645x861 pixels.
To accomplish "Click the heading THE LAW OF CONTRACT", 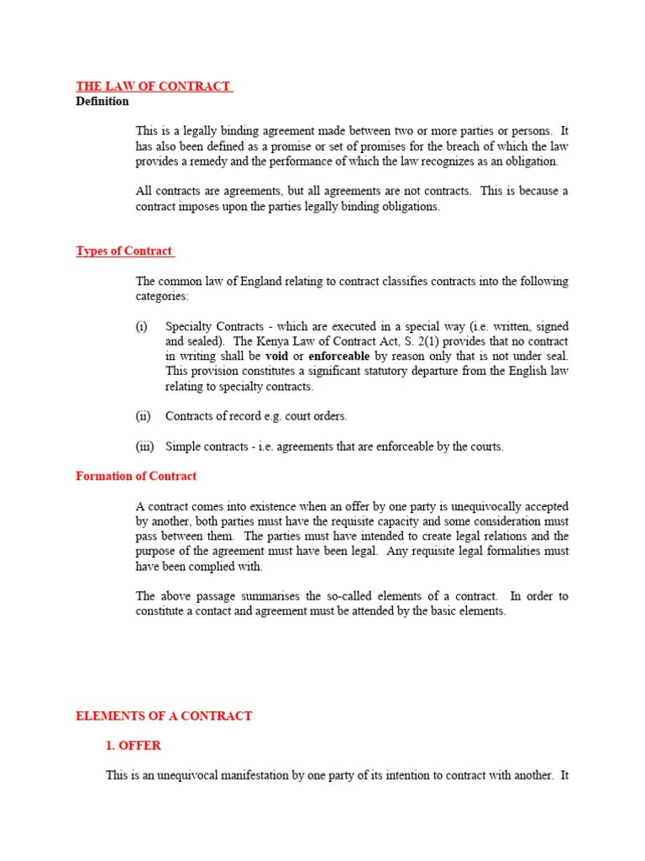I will click(x=153, y=87).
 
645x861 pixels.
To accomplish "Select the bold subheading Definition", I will click(x=102, y=102).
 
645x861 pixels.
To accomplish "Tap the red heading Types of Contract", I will click(x=124, y=251).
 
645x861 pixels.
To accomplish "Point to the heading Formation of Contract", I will click(x=136, y=477).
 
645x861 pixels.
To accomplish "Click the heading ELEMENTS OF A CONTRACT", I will click(x=164, y=716).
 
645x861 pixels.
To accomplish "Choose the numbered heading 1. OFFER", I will click(x=134, y=746).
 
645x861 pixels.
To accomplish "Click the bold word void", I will click(x=276, y=357).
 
